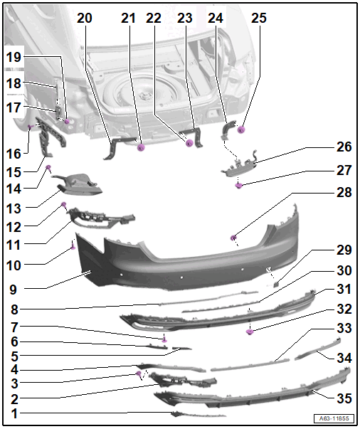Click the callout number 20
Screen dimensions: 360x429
point(84,18)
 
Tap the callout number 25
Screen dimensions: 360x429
point(258,18)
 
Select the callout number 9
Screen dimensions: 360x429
point(13,290)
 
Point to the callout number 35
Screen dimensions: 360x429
point(344,398)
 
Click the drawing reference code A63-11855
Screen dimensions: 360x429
point(334,418)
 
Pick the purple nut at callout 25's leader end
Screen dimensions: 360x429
point(240,129)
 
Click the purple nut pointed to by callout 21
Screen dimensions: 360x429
point(141,148)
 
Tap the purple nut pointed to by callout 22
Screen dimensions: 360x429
point(189,143)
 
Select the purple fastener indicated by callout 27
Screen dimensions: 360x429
point(239,186)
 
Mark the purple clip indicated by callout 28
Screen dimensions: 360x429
point(233,238)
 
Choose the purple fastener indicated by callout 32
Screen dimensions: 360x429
point(250,332)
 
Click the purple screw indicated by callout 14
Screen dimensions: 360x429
point(48,167)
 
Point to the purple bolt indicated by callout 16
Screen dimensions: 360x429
point(31,127)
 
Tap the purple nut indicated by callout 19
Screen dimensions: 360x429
point(67,121)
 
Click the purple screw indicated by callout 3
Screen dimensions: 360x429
point(139,374)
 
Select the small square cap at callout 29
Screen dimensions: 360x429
point(276,285)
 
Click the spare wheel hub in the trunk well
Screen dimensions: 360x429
point(142,96)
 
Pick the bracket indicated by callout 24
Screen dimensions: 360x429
point(228,129)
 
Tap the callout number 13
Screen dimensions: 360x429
point(14,208)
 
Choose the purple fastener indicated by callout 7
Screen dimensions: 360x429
point(164,340)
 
